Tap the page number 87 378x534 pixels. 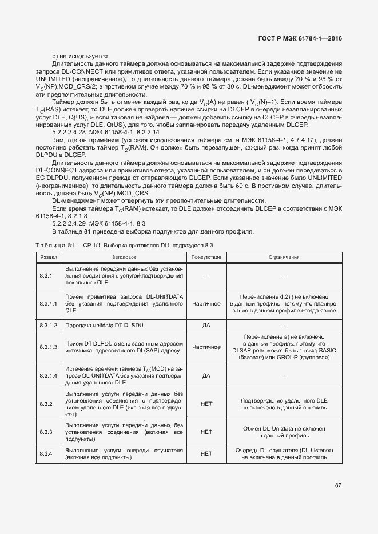coord(338,485)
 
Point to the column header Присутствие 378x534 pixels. coord(206,257)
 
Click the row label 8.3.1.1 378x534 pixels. coord(48,304)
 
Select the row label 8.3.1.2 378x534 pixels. coord(48,325)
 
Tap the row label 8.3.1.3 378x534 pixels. coord(48,347)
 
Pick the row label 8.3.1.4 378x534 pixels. coord(48,376)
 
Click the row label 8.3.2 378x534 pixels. coord(46,404)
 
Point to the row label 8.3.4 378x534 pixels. coord(46,454)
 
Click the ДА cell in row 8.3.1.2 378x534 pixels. coord(206,325)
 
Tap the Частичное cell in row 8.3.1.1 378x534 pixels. coord(206,304)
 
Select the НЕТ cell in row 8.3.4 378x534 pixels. coord(206,454)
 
